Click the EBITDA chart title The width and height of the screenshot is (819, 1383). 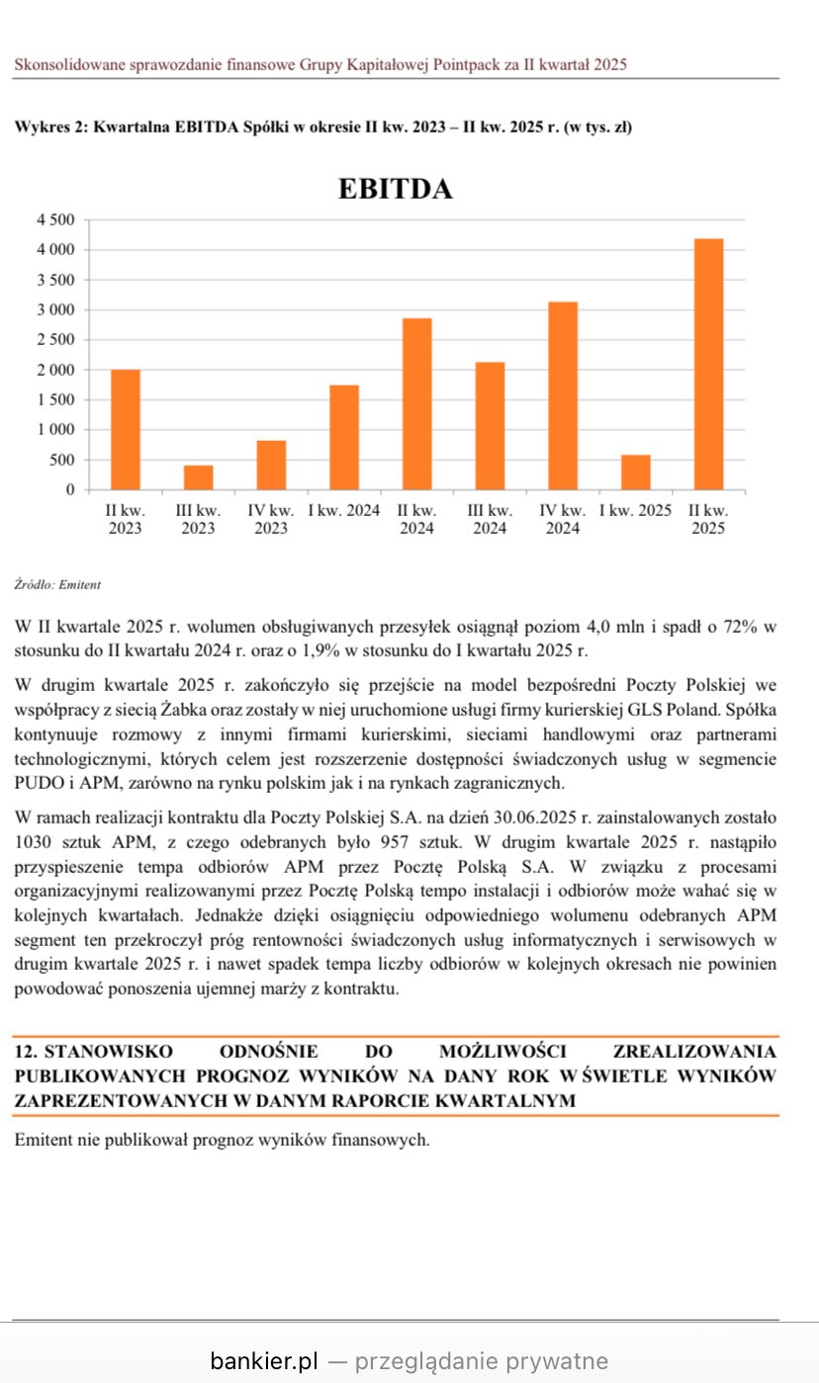tap(395, 189)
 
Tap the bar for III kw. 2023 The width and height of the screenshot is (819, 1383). tap(198, 477)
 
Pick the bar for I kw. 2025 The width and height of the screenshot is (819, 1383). tap(635, 473)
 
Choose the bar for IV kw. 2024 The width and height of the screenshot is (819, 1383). tap(562, 395)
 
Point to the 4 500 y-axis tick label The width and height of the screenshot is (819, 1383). tap(55, 219)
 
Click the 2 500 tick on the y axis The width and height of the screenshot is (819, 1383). tap(55, 340)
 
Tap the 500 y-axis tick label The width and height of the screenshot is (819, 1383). tap(62, 460)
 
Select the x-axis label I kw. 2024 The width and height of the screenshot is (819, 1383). tap(344, 511)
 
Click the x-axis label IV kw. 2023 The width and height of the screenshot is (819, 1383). tap(271, 519)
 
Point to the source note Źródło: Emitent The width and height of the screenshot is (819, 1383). tap(57, 585)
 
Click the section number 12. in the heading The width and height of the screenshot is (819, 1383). tap(26, 1051)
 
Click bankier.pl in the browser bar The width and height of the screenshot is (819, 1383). tap(263, 1361)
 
